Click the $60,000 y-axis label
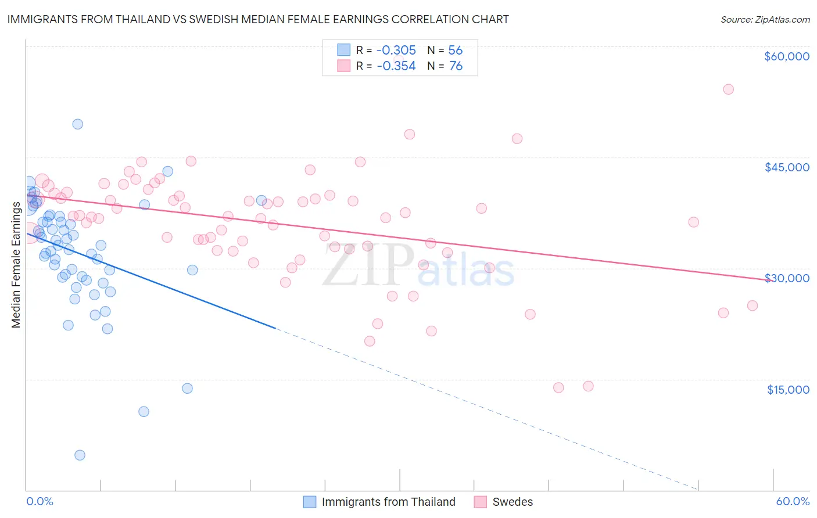786,56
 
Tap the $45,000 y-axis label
786,167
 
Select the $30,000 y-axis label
786,278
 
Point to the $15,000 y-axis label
787,390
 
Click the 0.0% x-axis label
40,501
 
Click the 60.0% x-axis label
792,501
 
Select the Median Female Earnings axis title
16,265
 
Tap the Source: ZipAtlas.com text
765,19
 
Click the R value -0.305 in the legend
396,51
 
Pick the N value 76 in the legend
456,66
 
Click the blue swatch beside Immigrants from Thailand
310,502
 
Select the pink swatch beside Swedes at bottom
480,502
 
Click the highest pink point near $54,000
728,89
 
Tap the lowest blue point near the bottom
80,455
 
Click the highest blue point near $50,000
78,124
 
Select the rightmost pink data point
752,305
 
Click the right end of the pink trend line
772,280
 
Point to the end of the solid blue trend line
275,329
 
